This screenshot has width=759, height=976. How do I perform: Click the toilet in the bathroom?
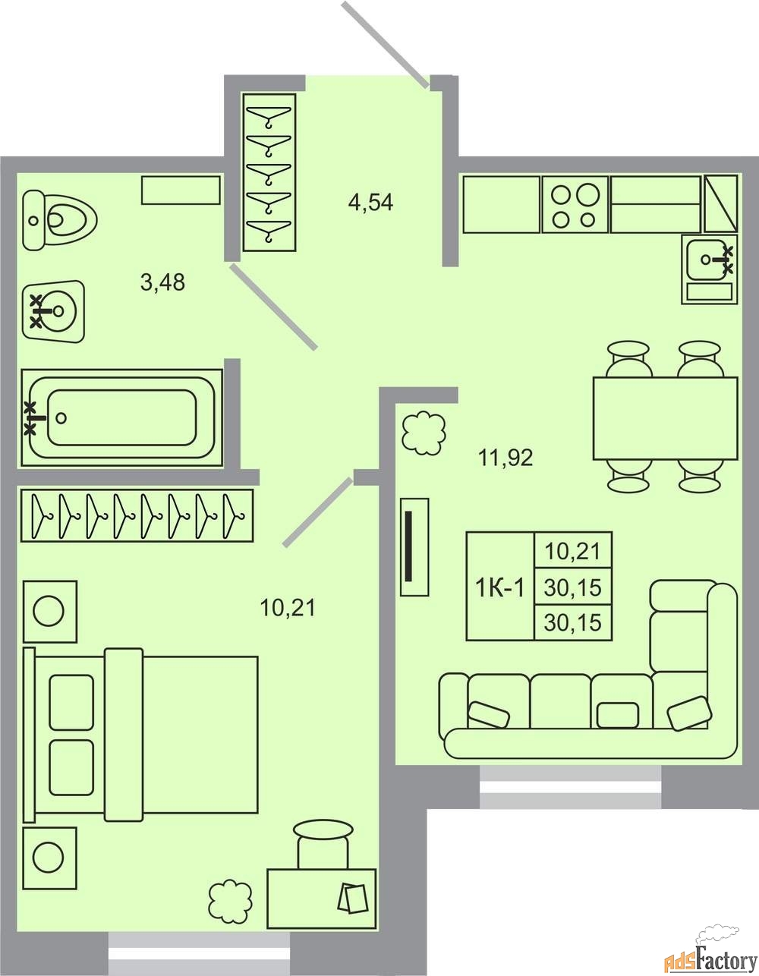tap(60, 220)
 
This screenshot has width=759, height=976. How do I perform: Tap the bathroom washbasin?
tap(53, 312)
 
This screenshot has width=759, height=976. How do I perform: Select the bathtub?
tap(121, 417)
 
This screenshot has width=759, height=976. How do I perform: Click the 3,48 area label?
tap(162, 282)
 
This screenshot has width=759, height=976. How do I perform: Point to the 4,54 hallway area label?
tap(370, 203)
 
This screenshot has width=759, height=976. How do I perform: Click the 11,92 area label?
tap(505, 458)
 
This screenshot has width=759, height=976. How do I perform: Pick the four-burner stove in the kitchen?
tap(575, 204)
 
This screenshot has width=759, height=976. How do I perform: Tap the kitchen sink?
tap(709, 269)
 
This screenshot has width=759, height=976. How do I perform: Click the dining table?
tap(665, 418)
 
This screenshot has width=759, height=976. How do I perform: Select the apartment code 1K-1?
tap(500, 587)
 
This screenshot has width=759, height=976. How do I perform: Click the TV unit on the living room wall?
tap(414, 547)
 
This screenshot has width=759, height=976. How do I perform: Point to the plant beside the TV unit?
tap(424, 433)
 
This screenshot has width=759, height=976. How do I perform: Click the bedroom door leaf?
tap(317, 512)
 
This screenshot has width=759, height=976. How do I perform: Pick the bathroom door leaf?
tap(274, 307)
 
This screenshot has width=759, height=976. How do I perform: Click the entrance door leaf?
tap(386, 44)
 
